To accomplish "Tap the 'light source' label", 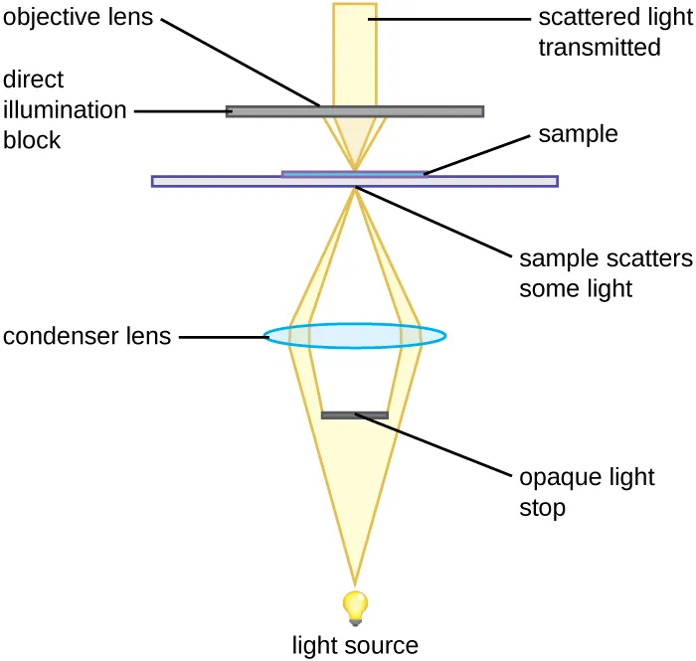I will (355, 645).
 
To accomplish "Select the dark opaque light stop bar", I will (354, 414).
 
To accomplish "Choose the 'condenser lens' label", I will (87, 336).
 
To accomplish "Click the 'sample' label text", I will (578, 134).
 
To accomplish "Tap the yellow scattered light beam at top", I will (355, 50).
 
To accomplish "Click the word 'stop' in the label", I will (542, 508).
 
